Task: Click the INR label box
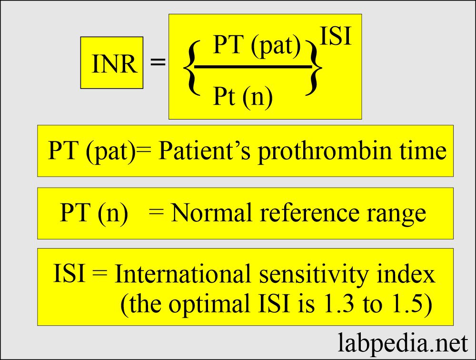(x=112, y=63)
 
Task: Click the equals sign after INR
(x=158, y=62)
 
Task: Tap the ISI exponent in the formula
(x=336, y=37)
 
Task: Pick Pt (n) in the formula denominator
(x=242, y=97)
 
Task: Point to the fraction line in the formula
(x=252, y=67)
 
